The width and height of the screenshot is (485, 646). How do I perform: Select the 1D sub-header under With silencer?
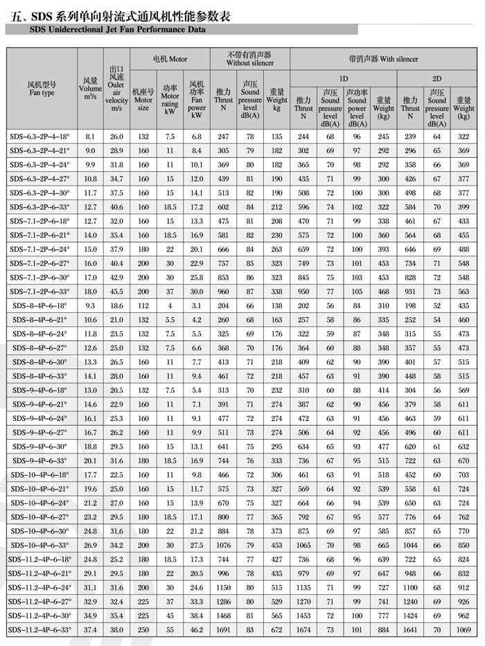[344, 78]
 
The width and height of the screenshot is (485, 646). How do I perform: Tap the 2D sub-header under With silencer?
[436, 78]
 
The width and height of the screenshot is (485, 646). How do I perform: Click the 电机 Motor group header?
[170, 60]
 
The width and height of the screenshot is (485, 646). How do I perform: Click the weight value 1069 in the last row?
[464, 629]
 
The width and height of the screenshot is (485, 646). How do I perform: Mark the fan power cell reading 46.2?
[197, 629]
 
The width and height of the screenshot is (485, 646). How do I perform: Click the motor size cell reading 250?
[143, 629]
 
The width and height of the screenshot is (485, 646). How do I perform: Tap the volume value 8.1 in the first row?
[90, 138]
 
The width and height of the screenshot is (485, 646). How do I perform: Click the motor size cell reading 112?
[143, 305]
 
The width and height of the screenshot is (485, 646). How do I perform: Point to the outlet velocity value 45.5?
[116, 291]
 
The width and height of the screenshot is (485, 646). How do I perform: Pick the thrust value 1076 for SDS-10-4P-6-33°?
[223, 545]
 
